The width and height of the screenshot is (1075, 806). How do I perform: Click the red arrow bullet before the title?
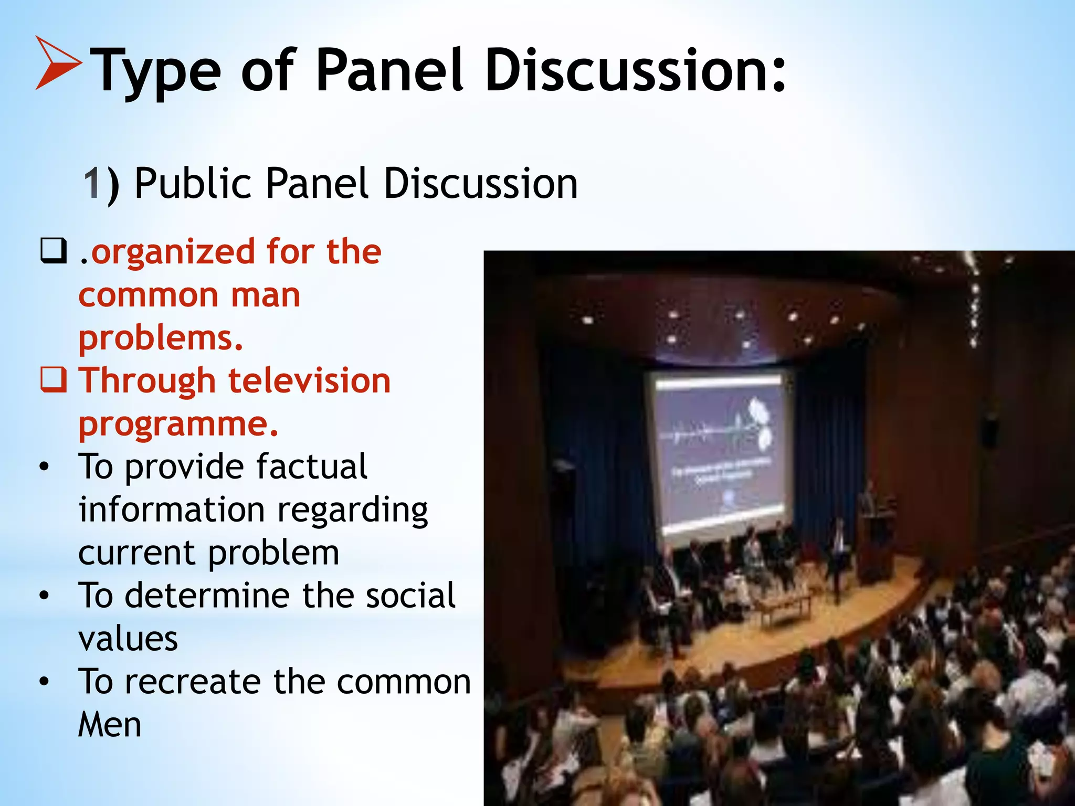pyautogui.click(x=57, y=63)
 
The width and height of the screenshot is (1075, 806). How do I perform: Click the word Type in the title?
pyautogui.click(x=155, y=71)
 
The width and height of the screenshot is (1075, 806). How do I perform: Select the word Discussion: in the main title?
pyautogui.click(x=635, y=70)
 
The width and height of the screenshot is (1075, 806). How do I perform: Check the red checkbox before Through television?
pyautogui.click(x=54, y=380)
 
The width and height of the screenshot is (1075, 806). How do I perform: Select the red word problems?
pyautogui.click(x=161, y=338)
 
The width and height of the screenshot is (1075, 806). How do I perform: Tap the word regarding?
pyautogui.click(x=352, y=510)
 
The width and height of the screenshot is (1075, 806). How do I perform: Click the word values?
pyautogui.click(x=128, y=639)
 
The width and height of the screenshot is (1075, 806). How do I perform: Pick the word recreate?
pyautogui.click(x=192, y=682)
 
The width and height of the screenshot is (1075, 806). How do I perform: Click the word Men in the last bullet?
pyautogui.click(x=110, y=725)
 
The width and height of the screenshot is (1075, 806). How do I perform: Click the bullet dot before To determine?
pyautogui.click(x=44, y=596)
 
